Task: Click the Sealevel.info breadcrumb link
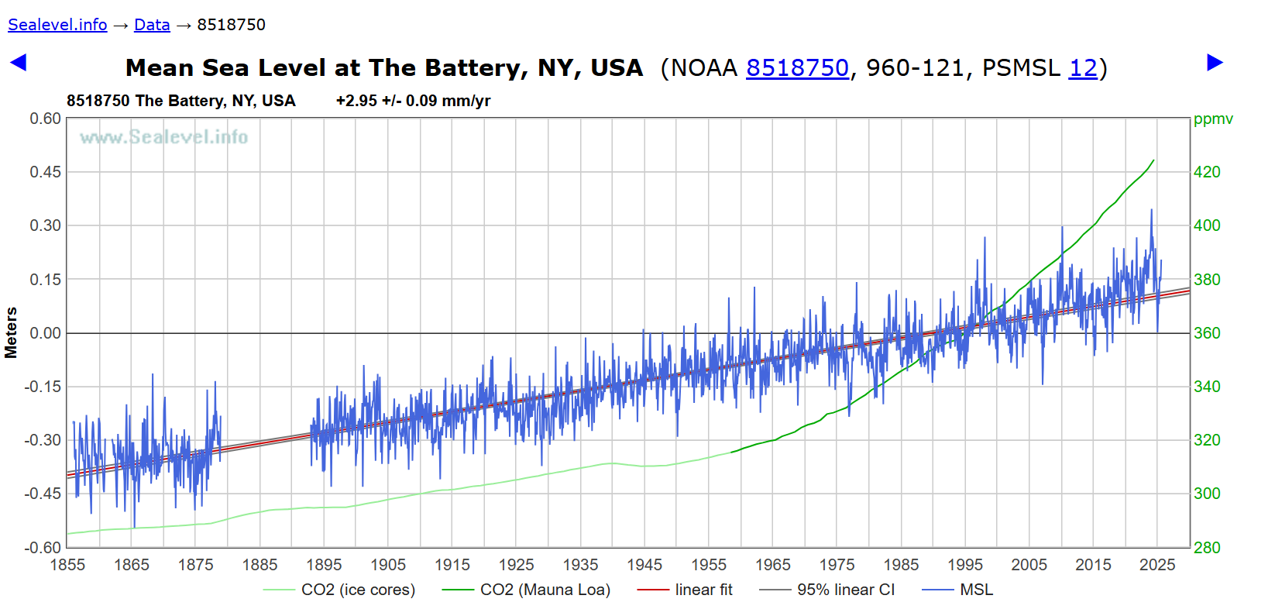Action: [57, 25]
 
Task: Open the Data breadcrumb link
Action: [152, 25]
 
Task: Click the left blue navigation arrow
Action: [18, 63]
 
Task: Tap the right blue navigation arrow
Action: [1215, 63]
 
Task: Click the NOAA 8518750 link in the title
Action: [797, 68]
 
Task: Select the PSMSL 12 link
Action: [1083, 68]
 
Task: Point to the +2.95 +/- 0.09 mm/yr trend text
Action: [413, 101]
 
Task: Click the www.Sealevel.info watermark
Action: [163, 137]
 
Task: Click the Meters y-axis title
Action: [11, 332]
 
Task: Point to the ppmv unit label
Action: [1213, 119]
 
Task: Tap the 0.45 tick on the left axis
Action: [45, 172]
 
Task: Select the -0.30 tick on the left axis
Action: [43, 440]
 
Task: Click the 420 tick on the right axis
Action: [1207, 172]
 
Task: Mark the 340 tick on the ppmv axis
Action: [1207, 387]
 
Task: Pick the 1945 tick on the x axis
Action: [644, 565]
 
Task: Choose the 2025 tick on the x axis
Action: [1157, 565]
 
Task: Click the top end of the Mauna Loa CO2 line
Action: [1153, 161]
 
